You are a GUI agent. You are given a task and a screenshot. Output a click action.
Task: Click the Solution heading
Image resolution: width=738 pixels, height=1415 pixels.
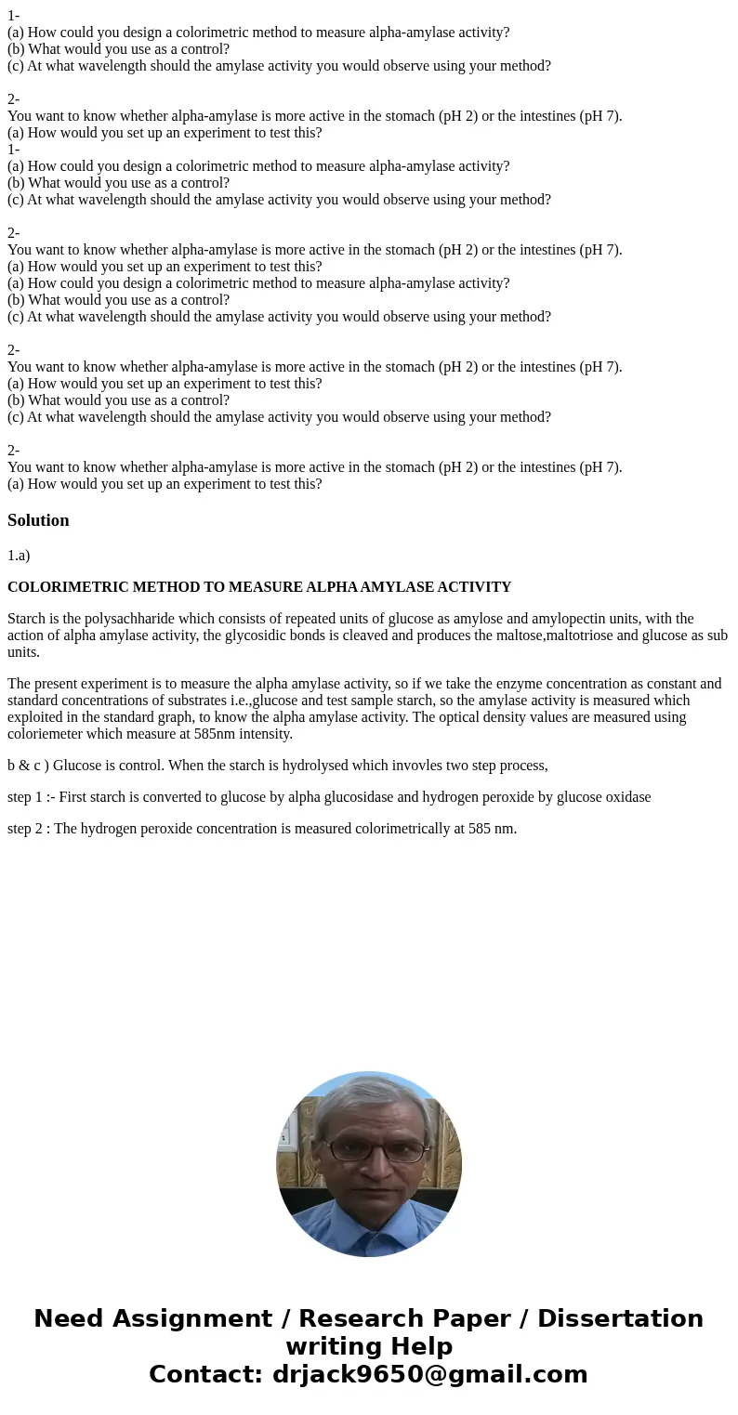click(x=38, y=520)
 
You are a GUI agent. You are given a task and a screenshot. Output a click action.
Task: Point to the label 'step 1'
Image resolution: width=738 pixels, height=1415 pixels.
click(x=26, y=797)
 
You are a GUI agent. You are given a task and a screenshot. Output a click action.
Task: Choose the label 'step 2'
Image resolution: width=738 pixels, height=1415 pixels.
click(x=26, y=829)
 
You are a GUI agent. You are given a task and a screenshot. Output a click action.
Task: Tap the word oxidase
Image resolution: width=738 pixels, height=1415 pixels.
click(x=626, y=797)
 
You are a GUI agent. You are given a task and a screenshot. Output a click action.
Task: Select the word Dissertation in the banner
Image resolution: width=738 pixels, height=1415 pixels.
click(x=620, y=1319)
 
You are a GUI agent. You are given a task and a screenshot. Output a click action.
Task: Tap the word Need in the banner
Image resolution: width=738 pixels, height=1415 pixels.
click(x=70, y=1319)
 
